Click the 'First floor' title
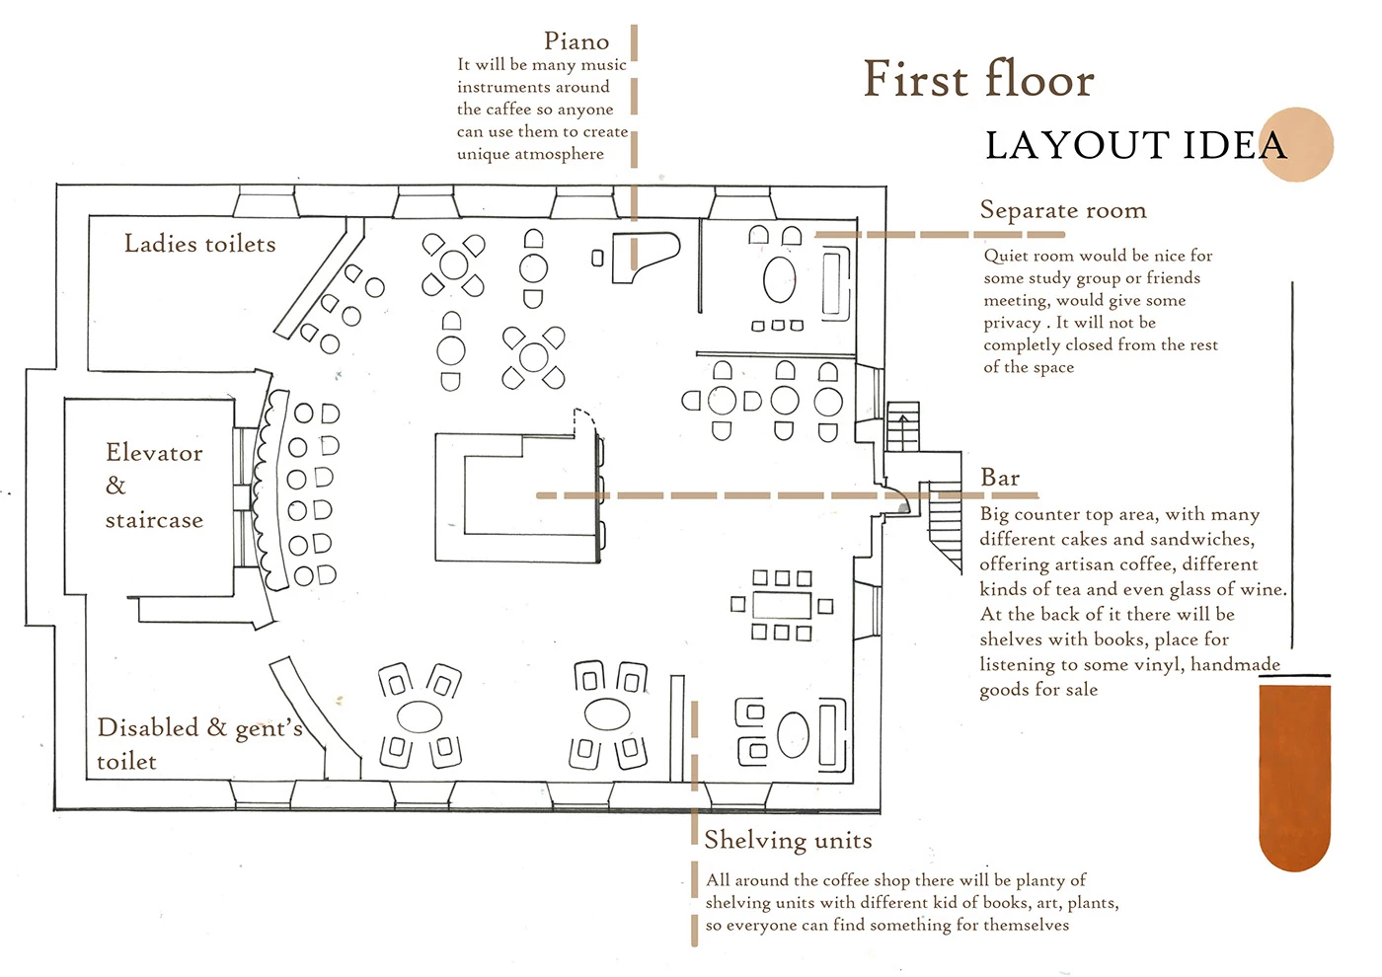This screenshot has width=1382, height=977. click(978, 80)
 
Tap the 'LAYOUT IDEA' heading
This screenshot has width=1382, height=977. click(1136, 146)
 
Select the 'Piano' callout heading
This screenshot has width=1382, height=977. click(576, 41)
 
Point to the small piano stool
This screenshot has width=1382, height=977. click(597, 258)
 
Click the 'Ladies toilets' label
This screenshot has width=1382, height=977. click(199, 244)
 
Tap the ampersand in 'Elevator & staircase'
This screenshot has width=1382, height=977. click(115, 486)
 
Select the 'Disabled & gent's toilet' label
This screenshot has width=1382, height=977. click(199, 744)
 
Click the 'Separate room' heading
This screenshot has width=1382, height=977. click(1063, 210)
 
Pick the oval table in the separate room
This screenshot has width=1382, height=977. click(779, 279)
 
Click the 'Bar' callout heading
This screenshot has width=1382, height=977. click(999, 478)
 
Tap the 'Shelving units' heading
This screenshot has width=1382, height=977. click(788, 840)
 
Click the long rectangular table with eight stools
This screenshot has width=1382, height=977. click(782, 605)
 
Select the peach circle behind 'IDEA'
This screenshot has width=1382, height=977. click(1296, 144)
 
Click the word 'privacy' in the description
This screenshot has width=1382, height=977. click(1012, 324)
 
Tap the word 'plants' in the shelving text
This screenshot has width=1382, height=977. click(1093, 903)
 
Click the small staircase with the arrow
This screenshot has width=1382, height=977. click(902, 426)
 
